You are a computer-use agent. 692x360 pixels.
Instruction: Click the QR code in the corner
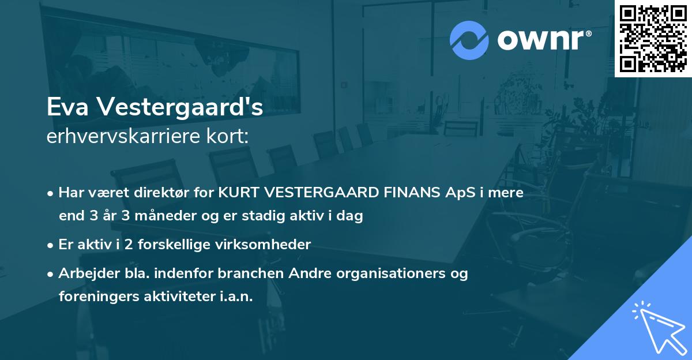(x=653, y=38)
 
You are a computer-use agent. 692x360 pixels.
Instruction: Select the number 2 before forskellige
(x=129, y=245)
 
